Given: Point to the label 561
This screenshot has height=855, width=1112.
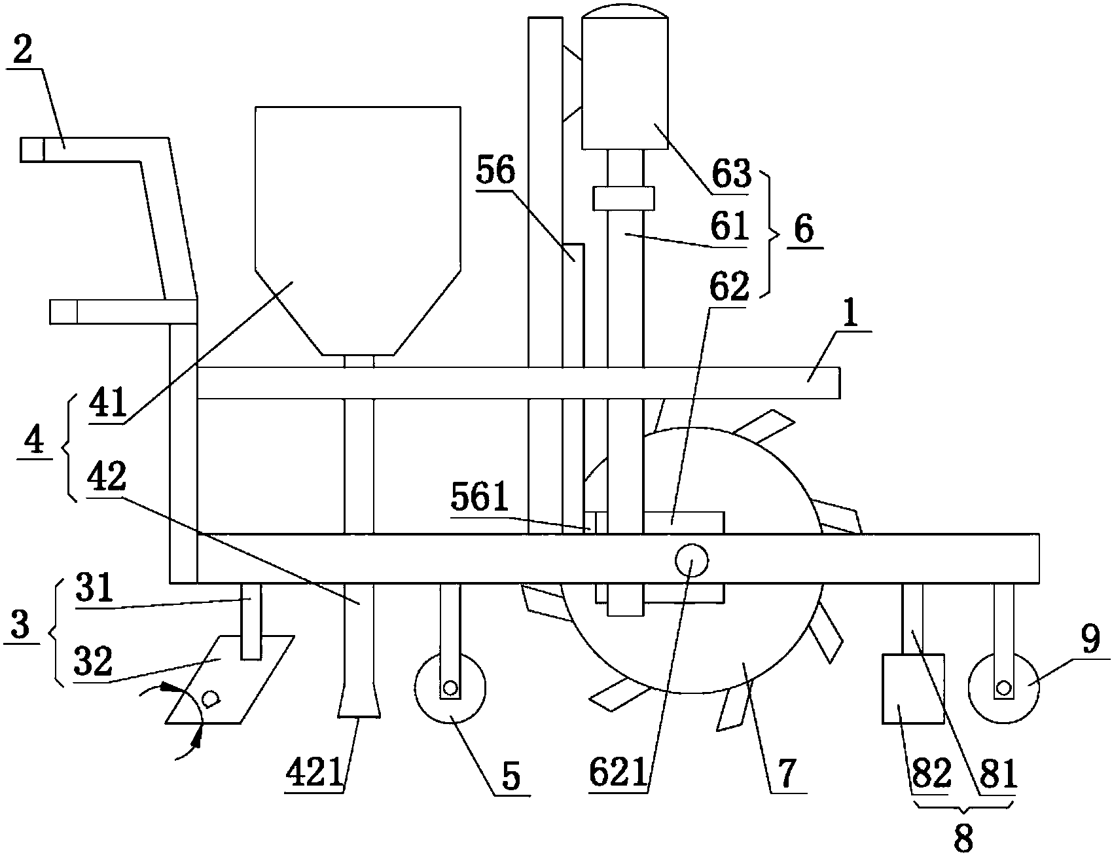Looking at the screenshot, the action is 479,499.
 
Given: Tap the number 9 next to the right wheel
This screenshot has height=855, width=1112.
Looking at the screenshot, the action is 1090,642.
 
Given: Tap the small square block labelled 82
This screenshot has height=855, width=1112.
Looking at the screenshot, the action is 913,688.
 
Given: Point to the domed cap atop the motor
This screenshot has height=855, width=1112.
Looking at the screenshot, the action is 625,10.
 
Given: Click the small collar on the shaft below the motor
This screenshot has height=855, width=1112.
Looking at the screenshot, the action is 624,198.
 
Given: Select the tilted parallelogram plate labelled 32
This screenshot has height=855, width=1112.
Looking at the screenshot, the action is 228,680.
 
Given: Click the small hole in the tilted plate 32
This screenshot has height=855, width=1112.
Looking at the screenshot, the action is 210,699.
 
